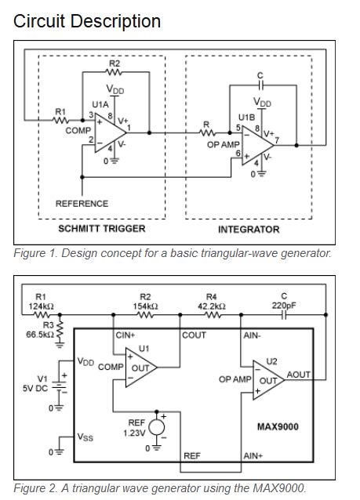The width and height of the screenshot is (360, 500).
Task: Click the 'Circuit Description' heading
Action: click(x=87, y=21)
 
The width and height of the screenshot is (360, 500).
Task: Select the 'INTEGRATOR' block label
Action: click(x=249, y=229)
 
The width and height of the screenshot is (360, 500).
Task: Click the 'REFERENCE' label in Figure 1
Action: click(x=82, y=203)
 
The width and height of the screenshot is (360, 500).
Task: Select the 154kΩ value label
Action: click(x=145, y=306)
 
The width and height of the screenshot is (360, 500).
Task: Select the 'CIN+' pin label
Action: click(x=126, y=335)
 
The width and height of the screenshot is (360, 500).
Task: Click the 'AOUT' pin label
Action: click(x=299, y=375)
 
